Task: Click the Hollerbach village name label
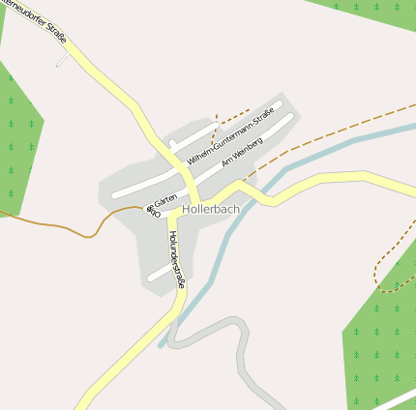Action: pos(210,208)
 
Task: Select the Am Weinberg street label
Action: pos(243,149)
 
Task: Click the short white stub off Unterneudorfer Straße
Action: pos(64,59)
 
